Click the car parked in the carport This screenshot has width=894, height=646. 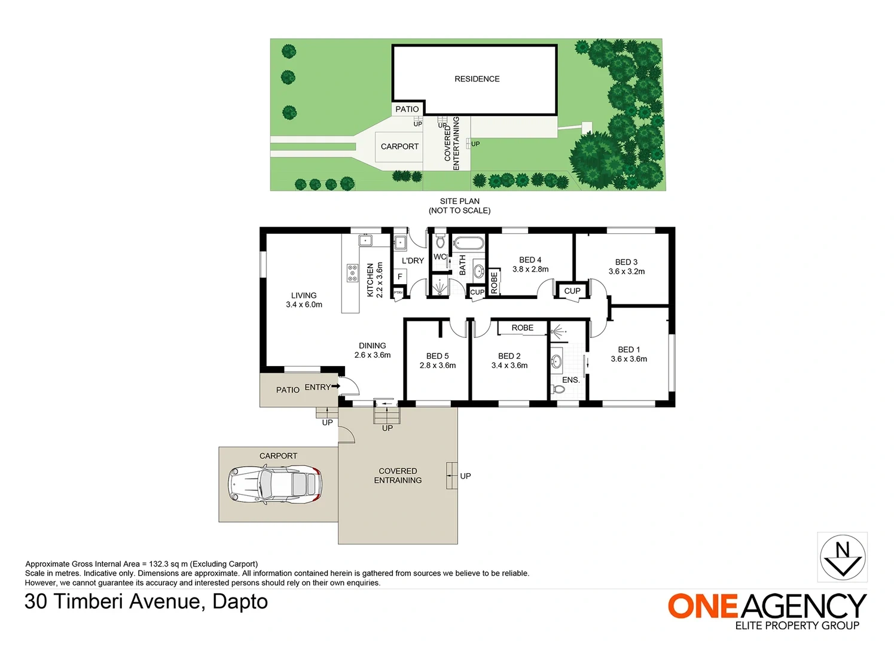[274, 484]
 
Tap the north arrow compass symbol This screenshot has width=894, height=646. [843, 557]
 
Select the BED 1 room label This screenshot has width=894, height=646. [628, 350]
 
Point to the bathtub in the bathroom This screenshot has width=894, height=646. [469, 243]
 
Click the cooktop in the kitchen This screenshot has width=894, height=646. [352, 273]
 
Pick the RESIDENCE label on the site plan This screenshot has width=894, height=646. [477, 79]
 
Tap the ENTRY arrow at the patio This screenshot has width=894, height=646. [335, 386]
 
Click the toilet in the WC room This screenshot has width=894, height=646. [440, 241]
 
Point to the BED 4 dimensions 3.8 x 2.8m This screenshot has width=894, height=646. [530, 269]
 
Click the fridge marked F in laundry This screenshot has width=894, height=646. [400, 276]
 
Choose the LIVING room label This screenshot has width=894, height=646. [304, 295]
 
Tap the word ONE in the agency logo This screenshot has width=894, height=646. [703, 607]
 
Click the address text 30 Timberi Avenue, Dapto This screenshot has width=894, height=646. [146, 602]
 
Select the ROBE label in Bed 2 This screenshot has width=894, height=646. [523, 328]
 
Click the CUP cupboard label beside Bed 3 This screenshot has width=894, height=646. [572, 291]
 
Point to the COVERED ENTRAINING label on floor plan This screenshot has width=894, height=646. [398, 476]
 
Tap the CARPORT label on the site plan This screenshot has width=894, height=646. [399, 147]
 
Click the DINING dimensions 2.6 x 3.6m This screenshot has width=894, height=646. [373, 355]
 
